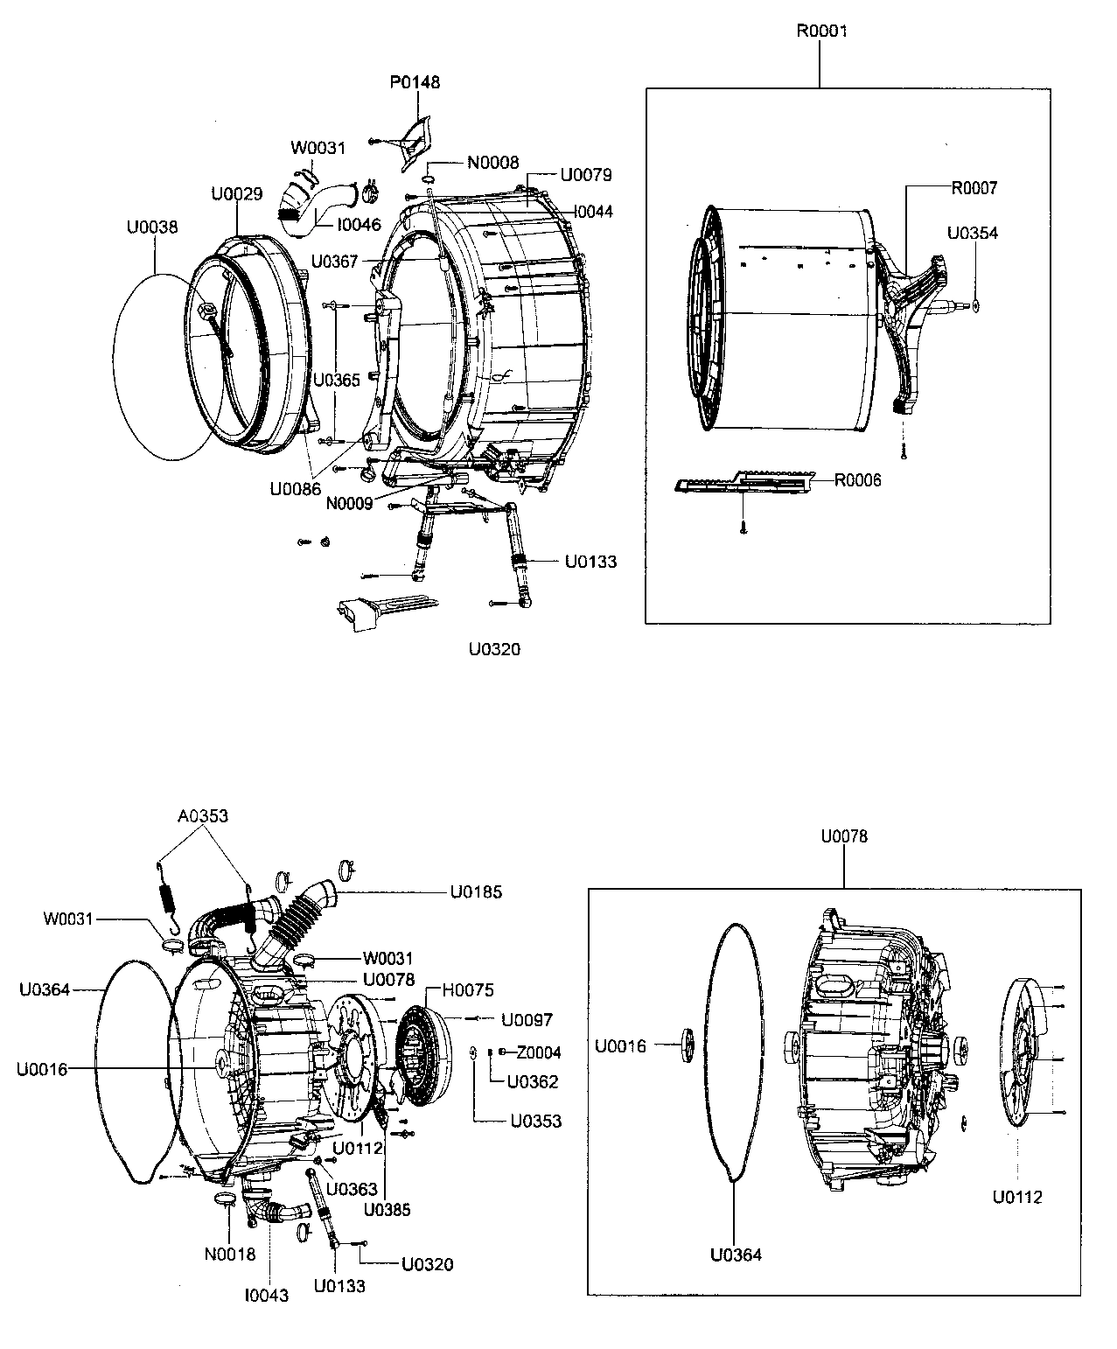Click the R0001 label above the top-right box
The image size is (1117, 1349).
tap(820, 31)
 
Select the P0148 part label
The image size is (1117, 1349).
tap(415, 83)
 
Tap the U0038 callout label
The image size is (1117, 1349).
tap(152, 227)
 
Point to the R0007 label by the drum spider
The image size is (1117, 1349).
tap(974, 188)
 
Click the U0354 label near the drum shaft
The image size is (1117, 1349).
tap(973, 234)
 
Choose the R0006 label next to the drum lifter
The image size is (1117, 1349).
tap(857, 480)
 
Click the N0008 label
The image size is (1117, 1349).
tap(492, 163)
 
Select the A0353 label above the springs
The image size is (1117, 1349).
tap(202, 816)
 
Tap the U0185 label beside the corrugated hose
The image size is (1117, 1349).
tap(476, 893)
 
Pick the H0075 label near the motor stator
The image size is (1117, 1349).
tap(467, 990)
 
